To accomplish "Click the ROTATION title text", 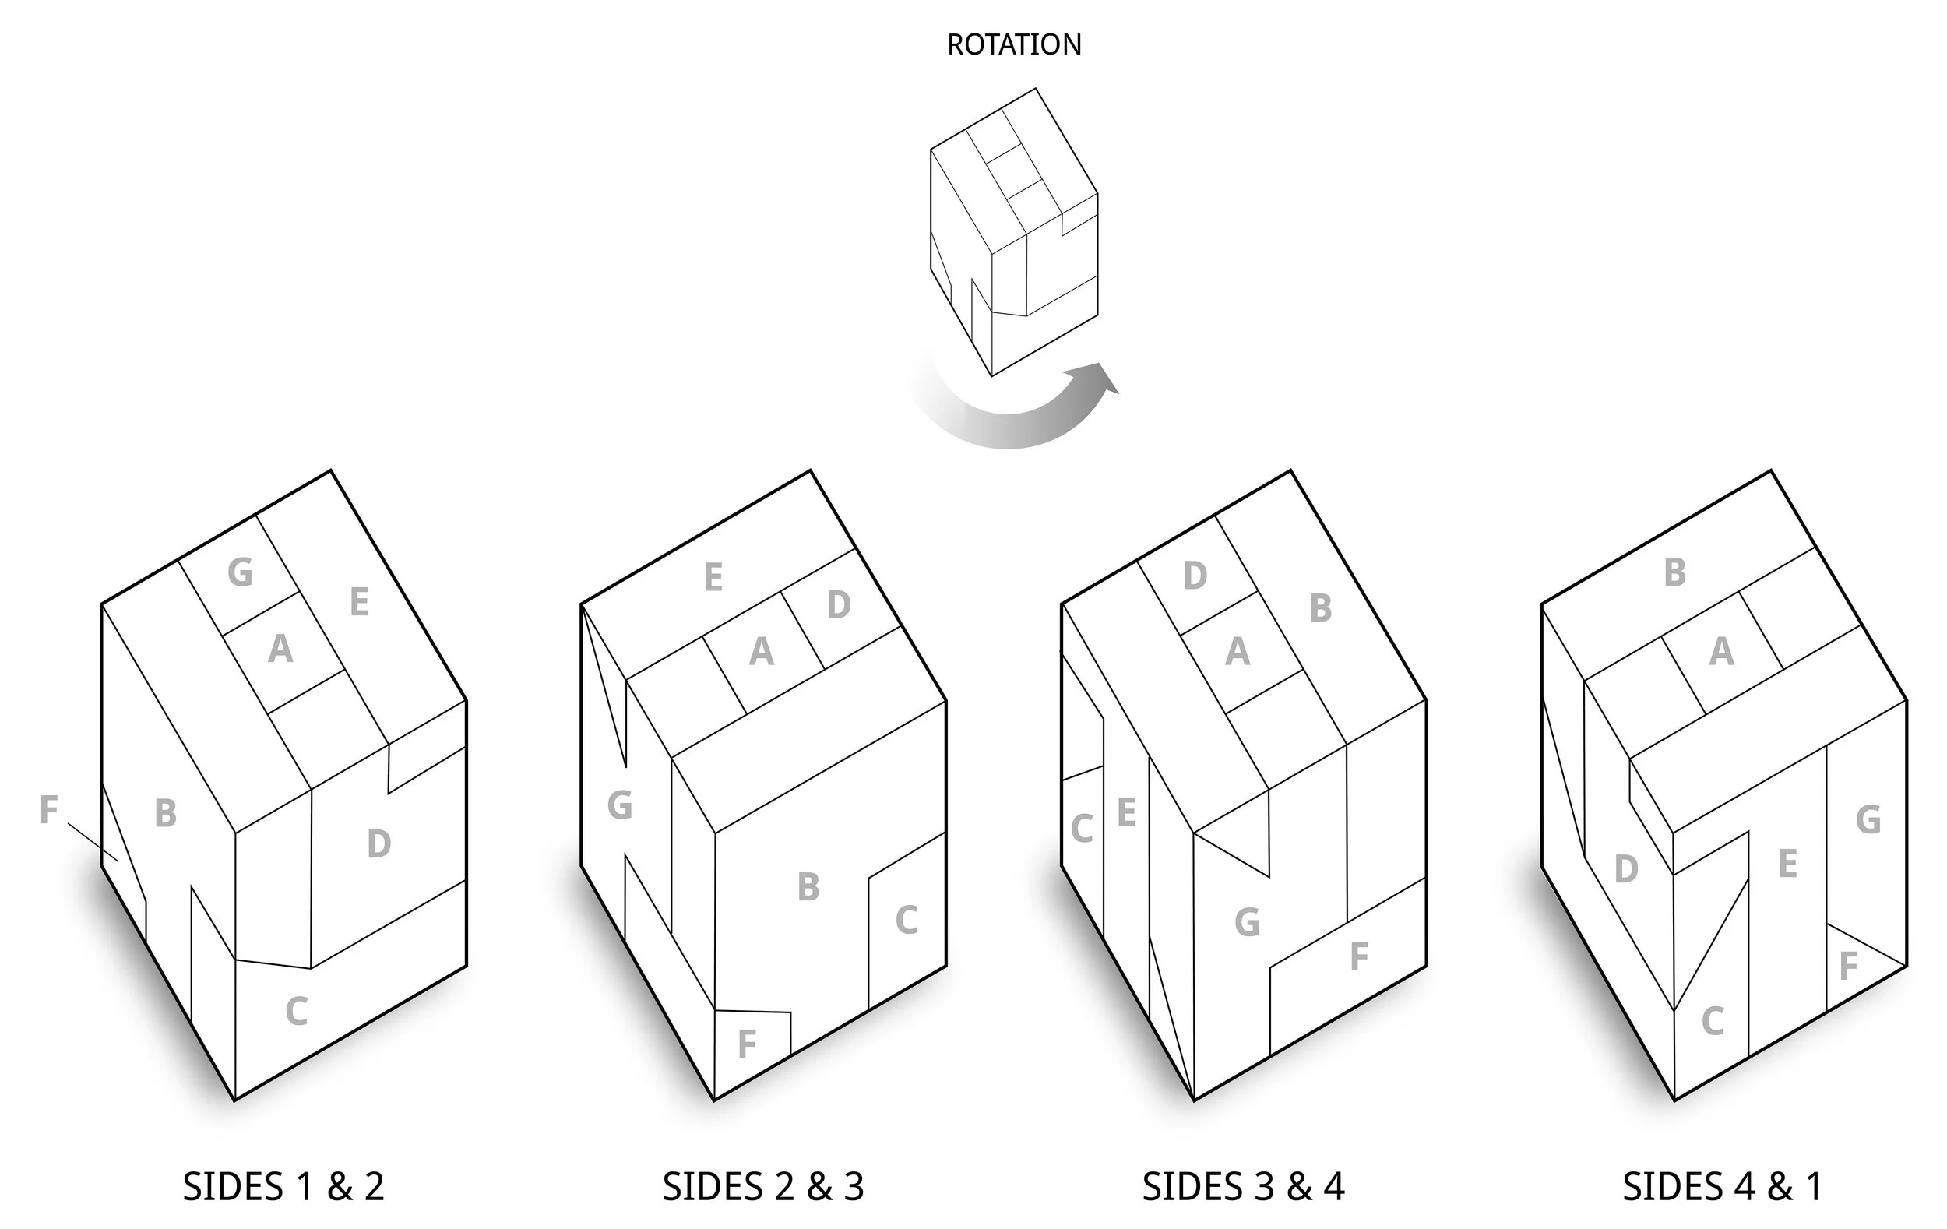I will (x=1014, y=44).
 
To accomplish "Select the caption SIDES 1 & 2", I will (x=283, y=1187).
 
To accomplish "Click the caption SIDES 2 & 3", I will (x=763, y=1187).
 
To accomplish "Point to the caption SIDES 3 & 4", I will (x=1243, y=1187).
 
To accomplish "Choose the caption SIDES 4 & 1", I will (x=1723, y=1187).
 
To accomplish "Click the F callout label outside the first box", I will (x=48, y=809).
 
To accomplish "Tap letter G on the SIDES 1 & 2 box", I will (x=240, y=572).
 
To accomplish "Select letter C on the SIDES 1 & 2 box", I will (x=297, y=1012).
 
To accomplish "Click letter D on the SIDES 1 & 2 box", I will (x=379, y=844).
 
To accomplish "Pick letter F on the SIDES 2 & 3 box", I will (x=747, y=1044).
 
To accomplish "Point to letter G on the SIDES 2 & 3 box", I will (x=619, y=805).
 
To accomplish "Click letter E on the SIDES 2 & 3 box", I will (x=713, y=577).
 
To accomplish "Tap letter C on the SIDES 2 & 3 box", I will (x=907, y=920).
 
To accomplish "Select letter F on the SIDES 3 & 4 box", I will (x=1358, y=956).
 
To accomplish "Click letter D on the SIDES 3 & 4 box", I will (x=1195, y=576).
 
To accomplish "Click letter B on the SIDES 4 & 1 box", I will (x=1675, y=572).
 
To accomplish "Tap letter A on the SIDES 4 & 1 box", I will (x=1721, y=652).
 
